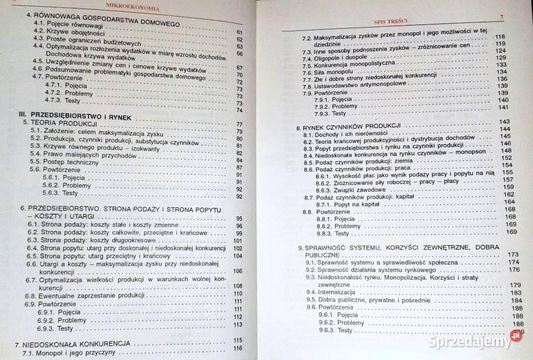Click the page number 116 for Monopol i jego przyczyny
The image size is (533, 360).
pos(238,348)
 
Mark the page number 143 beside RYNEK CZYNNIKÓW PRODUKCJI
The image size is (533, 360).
pos(504,121)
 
